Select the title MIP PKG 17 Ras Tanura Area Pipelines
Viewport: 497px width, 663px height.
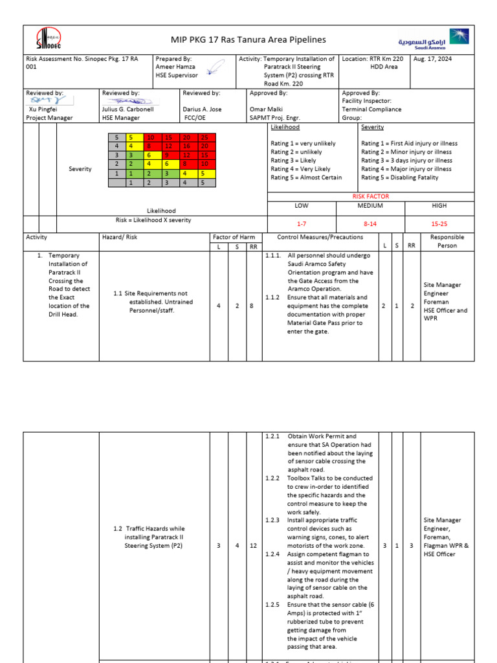click(248, 40)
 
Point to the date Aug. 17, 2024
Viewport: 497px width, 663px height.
click(434, 59)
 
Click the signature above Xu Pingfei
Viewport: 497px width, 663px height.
click(46, 100)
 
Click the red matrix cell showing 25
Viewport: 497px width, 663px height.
click(204, 138)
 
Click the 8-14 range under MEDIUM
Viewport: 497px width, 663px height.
click(370, 223)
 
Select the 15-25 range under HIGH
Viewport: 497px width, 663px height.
click(439, 223)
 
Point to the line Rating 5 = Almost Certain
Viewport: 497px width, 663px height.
click(306, 177)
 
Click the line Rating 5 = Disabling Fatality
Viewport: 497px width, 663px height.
click(399, 177)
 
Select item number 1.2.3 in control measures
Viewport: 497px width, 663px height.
click(272, 520)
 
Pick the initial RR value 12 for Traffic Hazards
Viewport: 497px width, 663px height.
click(254, 546)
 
